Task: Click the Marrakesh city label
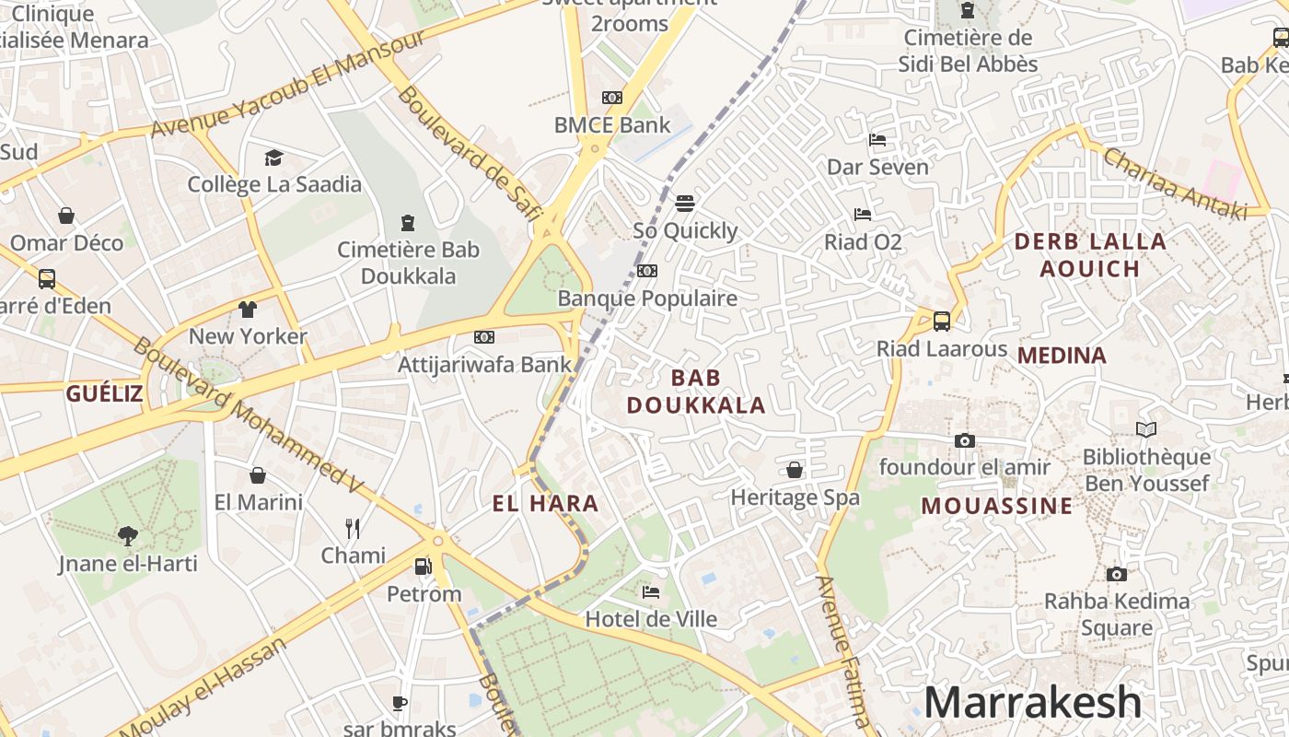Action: click(1032, 702)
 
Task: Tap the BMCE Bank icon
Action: click(612, 98)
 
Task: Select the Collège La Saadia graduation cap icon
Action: click(273, 158)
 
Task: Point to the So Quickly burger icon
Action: click(684, 203)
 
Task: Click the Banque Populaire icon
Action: click(647, 271)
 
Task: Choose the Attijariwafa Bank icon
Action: click(484, 337)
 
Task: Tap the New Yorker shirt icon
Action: click(248, 309)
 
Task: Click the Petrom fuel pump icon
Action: click(424, 567)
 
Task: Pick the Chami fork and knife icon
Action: click(353, 528)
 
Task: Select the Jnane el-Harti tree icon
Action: click(127, 535)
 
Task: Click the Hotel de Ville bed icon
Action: click(651, 591)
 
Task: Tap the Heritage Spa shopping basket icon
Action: click(795, 470)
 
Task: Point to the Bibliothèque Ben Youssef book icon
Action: click(1146, 429)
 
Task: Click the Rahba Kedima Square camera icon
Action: click(1117, 574)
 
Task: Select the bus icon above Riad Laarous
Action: click(941, 321)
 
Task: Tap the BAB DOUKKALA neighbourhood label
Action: click(696, 392)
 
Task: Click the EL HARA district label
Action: click(546, 504)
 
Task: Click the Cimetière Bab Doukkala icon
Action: click(408, 223)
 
